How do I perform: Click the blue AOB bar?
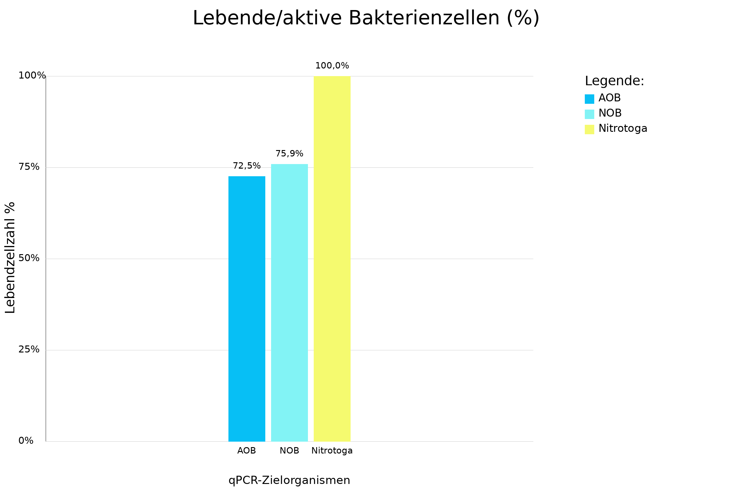click(247, 309)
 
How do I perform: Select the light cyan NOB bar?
click(289, 303)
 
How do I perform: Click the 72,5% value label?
click(247, 166)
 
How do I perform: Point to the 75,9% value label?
click(289, 154)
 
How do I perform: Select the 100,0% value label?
click(332, 66)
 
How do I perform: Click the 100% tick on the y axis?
click(32, 75)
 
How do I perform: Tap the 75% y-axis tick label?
click(29, 167)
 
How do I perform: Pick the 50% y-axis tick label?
click(29, 258)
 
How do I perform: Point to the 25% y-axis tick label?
click(29, 350)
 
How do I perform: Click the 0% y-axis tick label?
click(26, 441)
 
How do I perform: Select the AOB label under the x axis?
click(246, 451)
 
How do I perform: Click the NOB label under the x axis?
click(289, 451)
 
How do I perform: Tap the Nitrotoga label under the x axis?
click(332, 451)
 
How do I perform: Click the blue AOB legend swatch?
click(589, 99)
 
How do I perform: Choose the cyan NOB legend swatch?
click(589, 114)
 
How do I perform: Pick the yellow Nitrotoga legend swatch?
click(589, 130)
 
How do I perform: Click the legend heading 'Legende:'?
click(614, 81)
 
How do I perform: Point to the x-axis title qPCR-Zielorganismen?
click(289, 480)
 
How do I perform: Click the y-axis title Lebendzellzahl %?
click(10, 258)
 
